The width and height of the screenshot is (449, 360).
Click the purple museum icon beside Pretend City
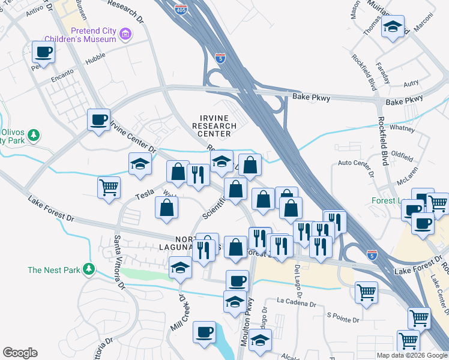(125, 34)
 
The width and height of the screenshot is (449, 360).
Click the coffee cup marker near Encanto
(43, 52)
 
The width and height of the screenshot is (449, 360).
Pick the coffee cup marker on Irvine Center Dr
(98, 119)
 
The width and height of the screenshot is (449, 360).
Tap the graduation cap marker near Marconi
(393, 27)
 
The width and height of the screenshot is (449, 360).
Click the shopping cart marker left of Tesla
(109, 187)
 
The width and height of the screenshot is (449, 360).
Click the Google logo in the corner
(20, 353)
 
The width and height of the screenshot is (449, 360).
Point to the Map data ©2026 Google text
(412, 355)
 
